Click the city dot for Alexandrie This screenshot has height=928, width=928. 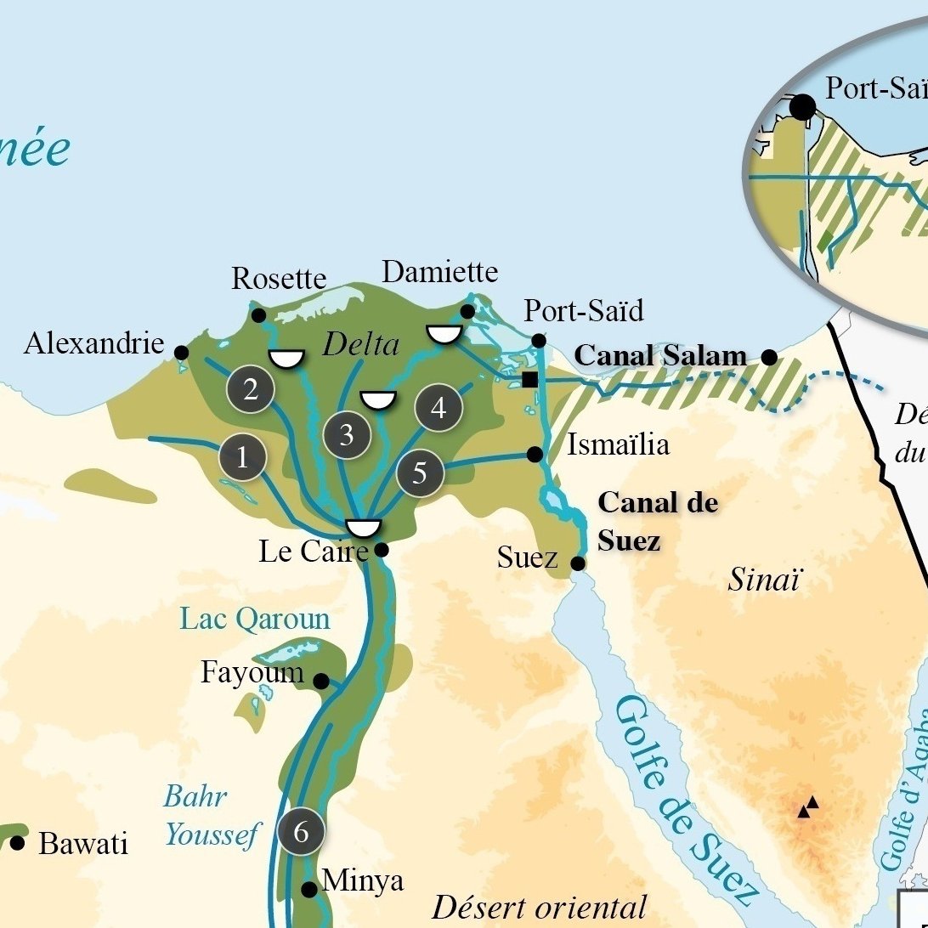181,353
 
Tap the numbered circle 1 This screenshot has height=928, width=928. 242,458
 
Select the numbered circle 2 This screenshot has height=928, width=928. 251,389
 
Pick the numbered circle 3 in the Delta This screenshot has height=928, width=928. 347,435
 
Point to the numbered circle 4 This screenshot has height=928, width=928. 439,408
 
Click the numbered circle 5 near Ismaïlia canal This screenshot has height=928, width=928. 420,472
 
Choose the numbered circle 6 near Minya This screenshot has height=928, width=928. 301,832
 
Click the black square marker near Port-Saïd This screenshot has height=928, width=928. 530,379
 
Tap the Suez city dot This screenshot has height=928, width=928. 578,563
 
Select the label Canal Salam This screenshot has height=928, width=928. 660,356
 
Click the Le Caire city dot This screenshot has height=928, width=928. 382,550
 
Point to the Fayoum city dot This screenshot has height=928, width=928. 321,681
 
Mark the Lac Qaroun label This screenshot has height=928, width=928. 255,619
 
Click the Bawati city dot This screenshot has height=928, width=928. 18,843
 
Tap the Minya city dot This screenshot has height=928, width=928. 309,889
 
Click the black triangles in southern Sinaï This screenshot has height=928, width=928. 808,806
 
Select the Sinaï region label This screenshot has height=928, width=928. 764,580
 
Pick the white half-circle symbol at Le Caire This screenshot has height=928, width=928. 364,528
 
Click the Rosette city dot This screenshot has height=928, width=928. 259,316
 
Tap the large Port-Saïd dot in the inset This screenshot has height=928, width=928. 802,107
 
